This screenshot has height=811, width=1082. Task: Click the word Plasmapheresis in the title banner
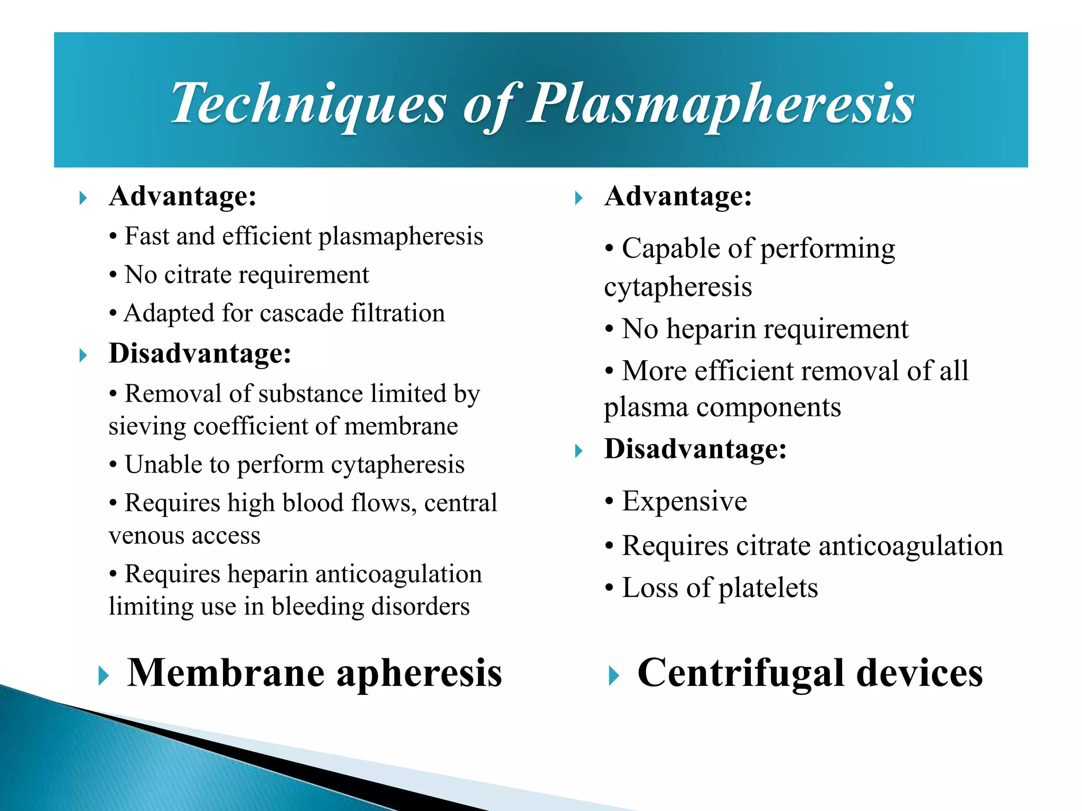coord(721,104)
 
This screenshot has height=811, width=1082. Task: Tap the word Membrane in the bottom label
coord(226,673)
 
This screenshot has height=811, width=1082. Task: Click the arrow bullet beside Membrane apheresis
coord(104,676)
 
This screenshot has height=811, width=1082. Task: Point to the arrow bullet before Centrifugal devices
coord(613,676)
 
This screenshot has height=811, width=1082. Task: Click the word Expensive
coord(684,501)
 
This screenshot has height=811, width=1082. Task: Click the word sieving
coord(147,427)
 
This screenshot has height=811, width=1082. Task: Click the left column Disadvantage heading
coord(200,353)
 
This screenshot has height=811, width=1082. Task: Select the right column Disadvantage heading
coord(695,449)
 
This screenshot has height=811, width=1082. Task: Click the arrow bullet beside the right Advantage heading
coord(579,199)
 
